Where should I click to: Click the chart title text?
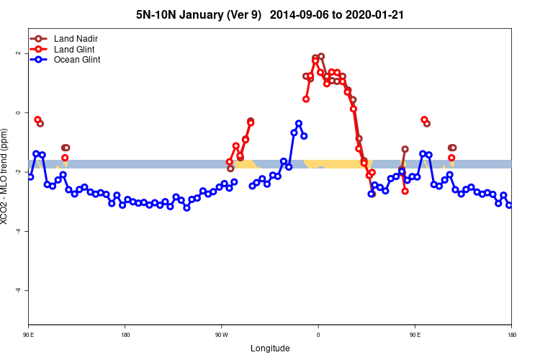pos(270,14)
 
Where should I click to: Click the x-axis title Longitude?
pos(270,348)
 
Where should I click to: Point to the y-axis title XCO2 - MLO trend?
pos(6,176)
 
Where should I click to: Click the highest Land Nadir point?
pos(321,56)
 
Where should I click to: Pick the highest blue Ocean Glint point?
pos(299,123)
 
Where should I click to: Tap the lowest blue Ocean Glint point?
pos(186,208)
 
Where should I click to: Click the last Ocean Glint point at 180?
pos(509,205)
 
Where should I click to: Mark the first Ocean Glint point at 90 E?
pos(30,176)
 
